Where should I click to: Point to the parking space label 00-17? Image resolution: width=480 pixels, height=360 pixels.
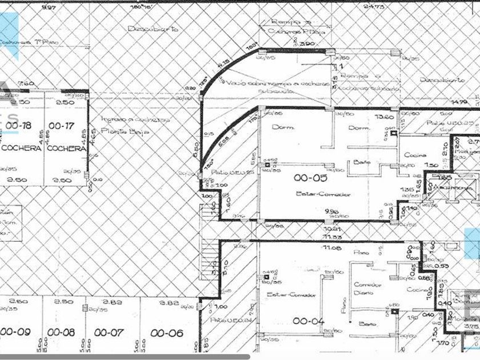click(59, 125)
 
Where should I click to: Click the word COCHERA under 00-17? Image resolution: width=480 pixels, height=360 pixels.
click(66, 149)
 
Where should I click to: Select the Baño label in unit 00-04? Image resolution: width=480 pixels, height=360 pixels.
click(366, 323)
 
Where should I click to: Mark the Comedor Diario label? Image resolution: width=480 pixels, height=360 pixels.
click(366, 289)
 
